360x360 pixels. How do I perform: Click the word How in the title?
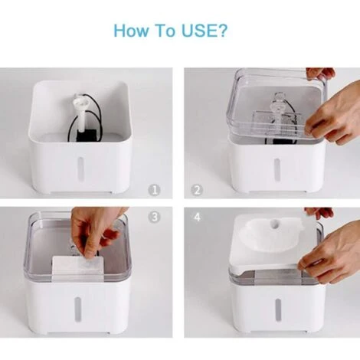[x=131, y=31]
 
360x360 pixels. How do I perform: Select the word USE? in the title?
[x=204, y=31]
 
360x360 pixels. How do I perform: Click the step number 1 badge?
[x=155, y=190]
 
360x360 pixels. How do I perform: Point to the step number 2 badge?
[x=197, y=190]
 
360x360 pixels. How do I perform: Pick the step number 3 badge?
[x=155, y=217]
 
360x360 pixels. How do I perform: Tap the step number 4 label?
[x=197, y=217]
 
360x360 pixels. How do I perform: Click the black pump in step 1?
[x=87, y=135]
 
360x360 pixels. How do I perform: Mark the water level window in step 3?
[x=77, y=309]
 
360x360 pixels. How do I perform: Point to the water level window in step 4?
[x=278, y=311]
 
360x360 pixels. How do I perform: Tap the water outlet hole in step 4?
[x=276, y=223]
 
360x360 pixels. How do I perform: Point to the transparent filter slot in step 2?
[x=277, y=124]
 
